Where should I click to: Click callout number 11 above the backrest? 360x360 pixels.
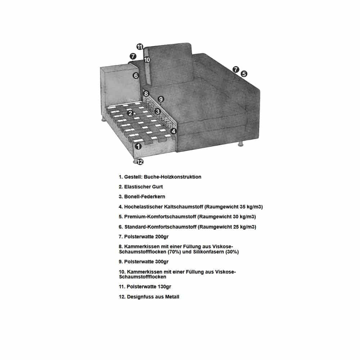tap(140, 47)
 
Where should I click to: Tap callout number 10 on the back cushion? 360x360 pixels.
tap(147, 60)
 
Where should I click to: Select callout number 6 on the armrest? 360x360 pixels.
tap(136, 76)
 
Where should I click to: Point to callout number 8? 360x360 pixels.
tap(146, 94)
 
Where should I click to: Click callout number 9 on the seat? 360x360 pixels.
tap(161, 99)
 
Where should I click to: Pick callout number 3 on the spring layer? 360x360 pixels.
tap(158, 112)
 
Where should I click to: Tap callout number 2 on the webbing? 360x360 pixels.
tap(130, 113)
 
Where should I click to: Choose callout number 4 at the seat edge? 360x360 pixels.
tap(174, 131)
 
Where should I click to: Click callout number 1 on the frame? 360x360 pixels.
tap(138, 146)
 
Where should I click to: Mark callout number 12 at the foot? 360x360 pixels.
tap(140, 162)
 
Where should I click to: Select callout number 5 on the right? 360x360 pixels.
tap(244, 74)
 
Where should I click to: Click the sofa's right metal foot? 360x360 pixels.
tap(240, 144)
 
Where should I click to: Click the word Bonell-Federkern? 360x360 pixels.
tap(145, 197)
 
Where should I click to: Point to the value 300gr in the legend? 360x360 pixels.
tap(162, 262)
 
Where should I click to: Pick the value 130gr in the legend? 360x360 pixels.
tap(165, 287)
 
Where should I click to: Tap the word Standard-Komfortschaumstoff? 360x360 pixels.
tap(161, 227)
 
